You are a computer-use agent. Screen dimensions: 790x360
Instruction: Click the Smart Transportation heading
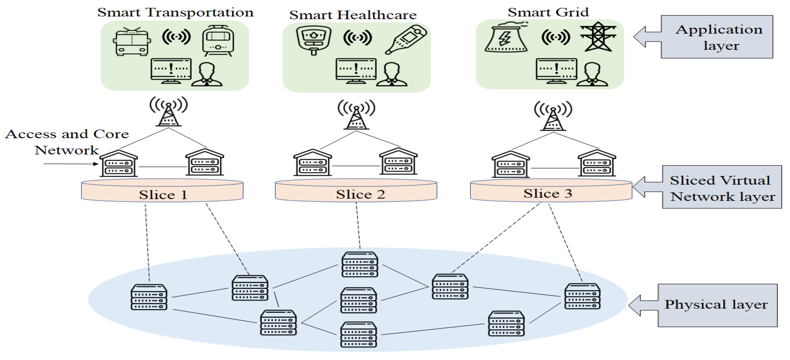click(x=175, y=12)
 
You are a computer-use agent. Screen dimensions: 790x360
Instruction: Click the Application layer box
click(x=717, y=37)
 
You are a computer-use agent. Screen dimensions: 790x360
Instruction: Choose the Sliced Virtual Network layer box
click(x=722, y=187)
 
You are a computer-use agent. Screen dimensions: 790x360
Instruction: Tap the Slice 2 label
click(x=360, y=194)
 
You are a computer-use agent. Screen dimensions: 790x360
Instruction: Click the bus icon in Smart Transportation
click(x=132, y=41)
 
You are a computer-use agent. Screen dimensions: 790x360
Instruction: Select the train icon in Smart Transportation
click(x=218, y=41)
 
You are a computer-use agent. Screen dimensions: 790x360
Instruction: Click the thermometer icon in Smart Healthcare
click(x=405, y=40)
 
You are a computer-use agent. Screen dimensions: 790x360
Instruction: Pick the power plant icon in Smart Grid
click(x=506, y=37)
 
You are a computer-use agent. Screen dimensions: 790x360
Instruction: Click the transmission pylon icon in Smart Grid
click(x=598, y=36)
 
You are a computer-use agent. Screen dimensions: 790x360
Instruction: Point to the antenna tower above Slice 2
click(x=356, y=114)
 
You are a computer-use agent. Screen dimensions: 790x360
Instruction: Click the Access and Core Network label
click(x=67, y=142)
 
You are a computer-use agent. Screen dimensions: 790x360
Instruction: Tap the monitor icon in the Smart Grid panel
click(x=556, y=71)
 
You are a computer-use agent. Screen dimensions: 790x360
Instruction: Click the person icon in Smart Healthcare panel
click(x=392, y=75)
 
